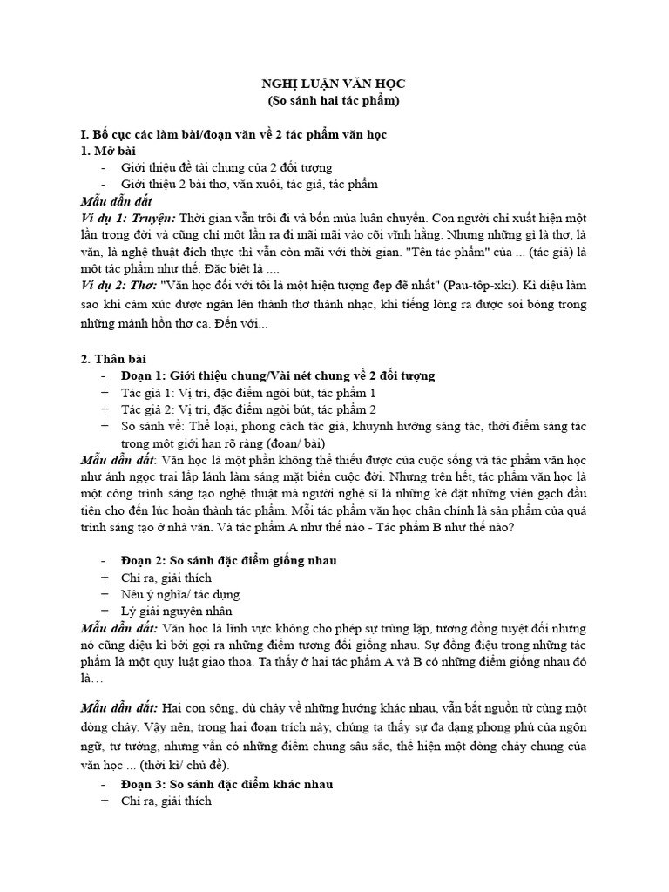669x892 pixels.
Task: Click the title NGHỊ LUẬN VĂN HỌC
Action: point(334,84)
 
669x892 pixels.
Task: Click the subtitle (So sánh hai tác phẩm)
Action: point(334,101)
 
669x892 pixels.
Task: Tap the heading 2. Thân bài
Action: point(113,359)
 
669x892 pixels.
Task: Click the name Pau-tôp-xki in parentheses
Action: point(483,285)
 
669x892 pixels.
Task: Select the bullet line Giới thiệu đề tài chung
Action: point(226,168)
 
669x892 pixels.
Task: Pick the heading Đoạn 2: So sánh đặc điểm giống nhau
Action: point(228,560)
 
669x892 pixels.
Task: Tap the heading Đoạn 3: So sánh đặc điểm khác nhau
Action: point(226,784)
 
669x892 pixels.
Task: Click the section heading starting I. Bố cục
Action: point(233,135)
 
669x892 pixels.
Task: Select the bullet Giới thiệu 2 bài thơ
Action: point(243,185)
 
